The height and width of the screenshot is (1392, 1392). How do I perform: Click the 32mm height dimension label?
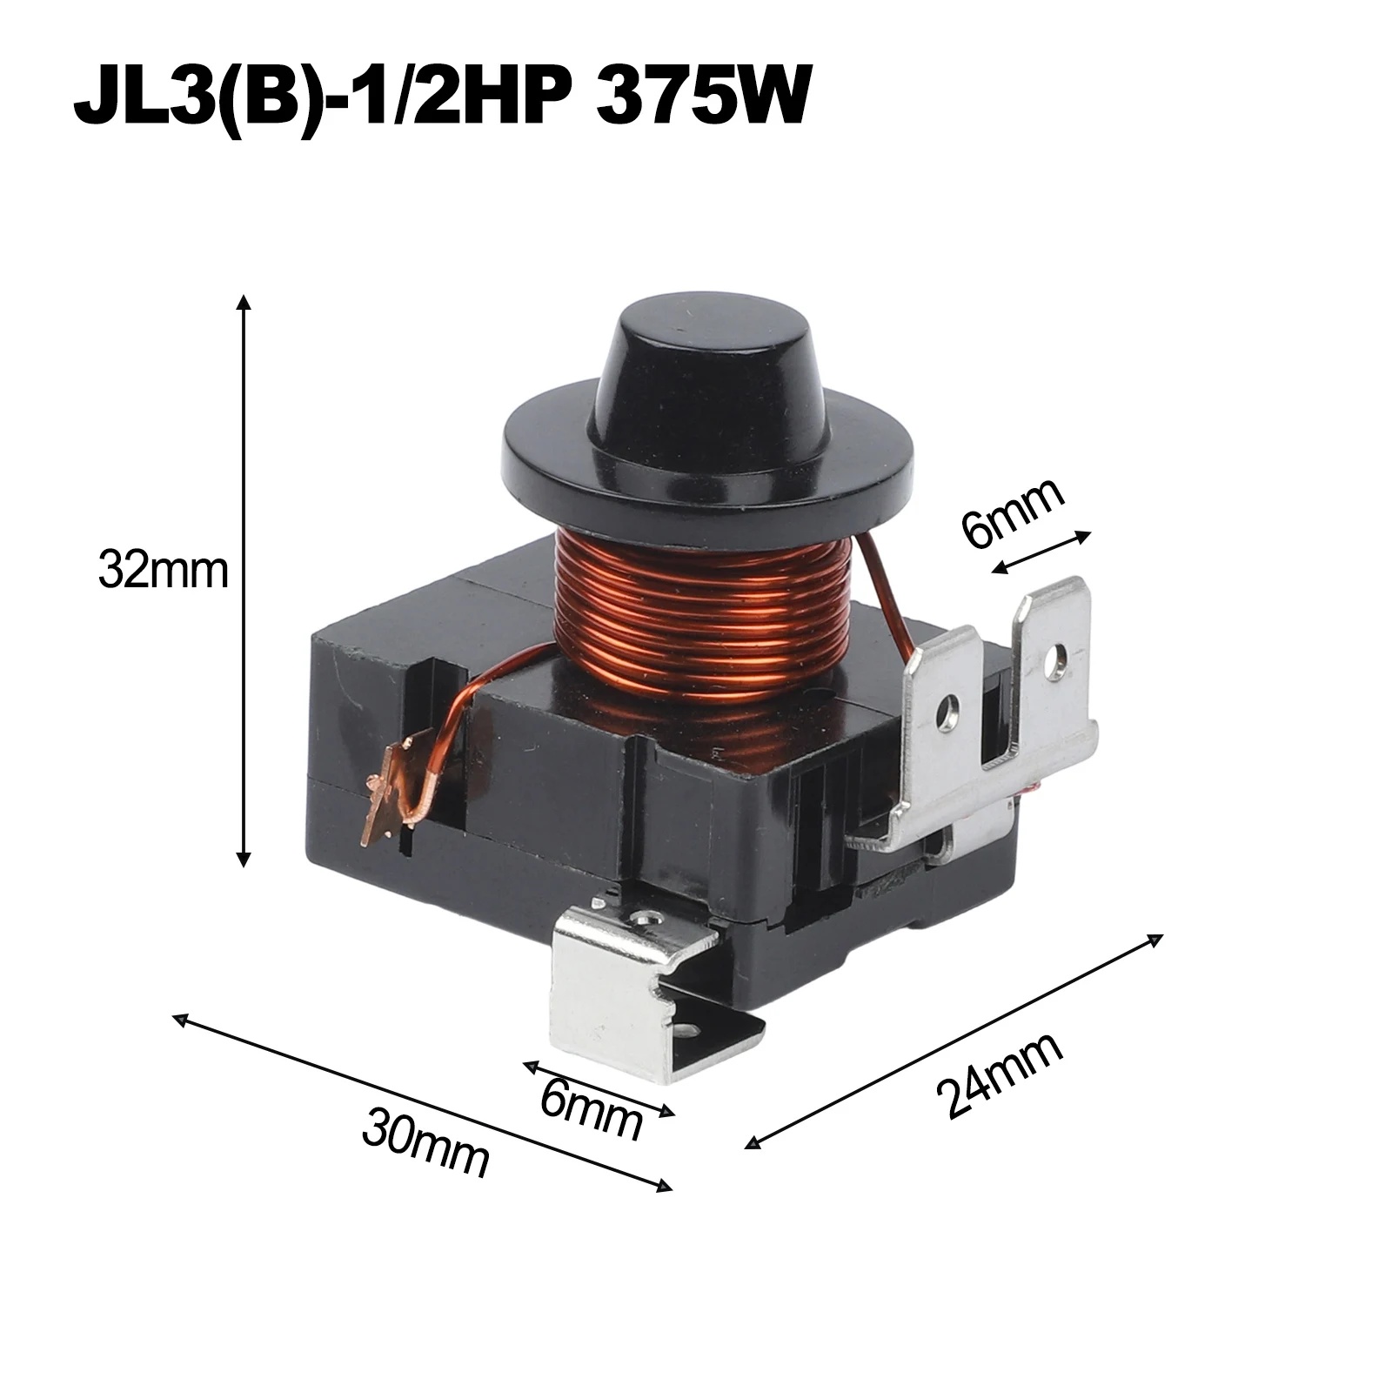(163, 572)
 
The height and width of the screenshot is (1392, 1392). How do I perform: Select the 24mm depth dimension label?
(1000, 1076)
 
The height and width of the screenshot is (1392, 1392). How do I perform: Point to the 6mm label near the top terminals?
(1013, 513)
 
